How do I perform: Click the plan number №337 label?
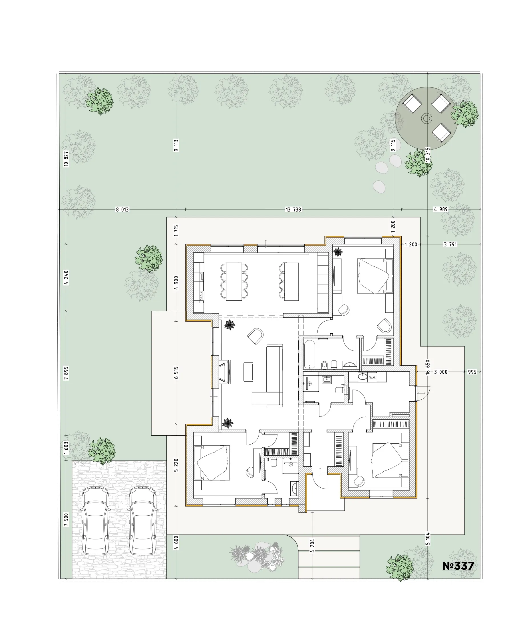(x=458, y=566)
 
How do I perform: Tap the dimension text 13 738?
(x=293, y=210)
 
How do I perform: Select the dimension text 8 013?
(x=122, y=210)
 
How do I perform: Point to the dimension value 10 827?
(x=66, y=159)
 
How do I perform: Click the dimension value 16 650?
(x=428, y=367)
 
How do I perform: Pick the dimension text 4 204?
(x=312, y=546)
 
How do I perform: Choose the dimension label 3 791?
(x=450, y=244)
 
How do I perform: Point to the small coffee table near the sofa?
(x=248, y=372)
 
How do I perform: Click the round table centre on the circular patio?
(x=426, y=118)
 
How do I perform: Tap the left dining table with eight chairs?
(x=234, y=281)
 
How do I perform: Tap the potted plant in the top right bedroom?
(x=338, y=252)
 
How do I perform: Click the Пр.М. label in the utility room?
(x=372, y=377)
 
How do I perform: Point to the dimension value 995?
(x=472, y=372)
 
